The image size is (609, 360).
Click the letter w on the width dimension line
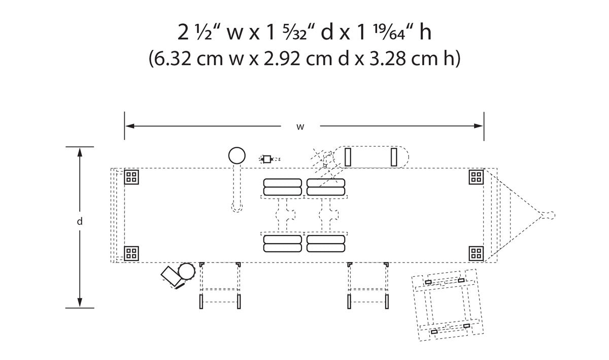click(x=300, y=127)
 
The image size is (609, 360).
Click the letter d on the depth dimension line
click(x=79, y=221)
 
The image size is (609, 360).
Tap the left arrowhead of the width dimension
click(x=130, y=126)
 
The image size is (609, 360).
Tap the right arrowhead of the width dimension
click(x=479, y=126)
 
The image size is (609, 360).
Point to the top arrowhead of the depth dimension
click(x=80, y=152)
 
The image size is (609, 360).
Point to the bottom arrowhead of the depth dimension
click(x=80, y=302)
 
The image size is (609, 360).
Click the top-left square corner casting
click(x=131, y=177)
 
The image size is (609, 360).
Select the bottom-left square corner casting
click(x=131, y=253)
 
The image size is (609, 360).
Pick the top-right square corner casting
click(x=476, y=177)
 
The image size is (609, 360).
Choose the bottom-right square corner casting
click(x=476, y=253)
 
